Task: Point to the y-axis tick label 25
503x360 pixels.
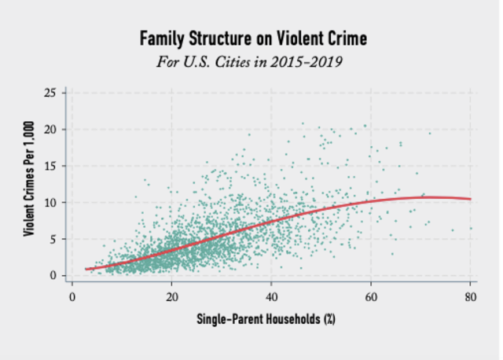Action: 50,93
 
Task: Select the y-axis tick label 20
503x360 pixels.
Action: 50,129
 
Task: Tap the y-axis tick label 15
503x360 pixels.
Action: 50,166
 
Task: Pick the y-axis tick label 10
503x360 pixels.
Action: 50,202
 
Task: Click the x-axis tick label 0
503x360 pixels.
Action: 72,297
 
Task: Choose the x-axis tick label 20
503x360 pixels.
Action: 172,297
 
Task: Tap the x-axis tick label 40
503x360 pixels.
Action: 272,297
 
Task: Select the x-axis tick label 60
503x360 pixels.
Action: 371,297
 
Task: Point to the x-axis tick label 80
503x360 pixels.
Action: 471,297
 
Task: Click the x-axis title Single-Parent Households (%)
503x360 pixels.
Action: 267,320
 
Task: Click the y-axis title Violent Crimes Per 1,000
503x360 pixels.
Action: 29,184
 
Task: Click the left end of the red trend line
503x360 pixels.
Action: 86,269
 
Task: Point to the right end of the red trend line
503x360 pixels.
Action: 470,199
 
